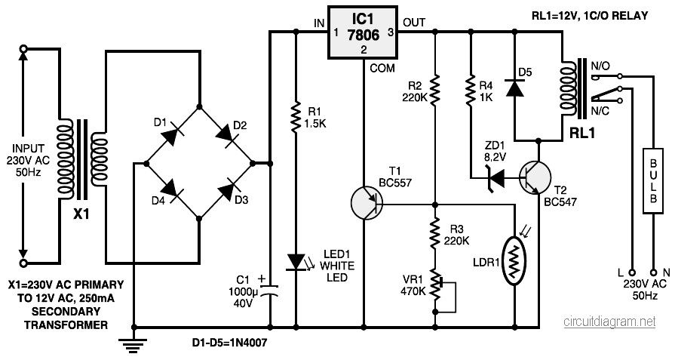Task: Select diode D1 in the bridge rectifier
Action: point(173,134)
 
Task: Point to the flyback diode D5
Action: point(515,88)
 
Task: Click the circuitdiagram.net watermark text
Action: point(609,322)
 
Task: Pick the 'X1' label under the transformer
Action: point(81,213)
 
